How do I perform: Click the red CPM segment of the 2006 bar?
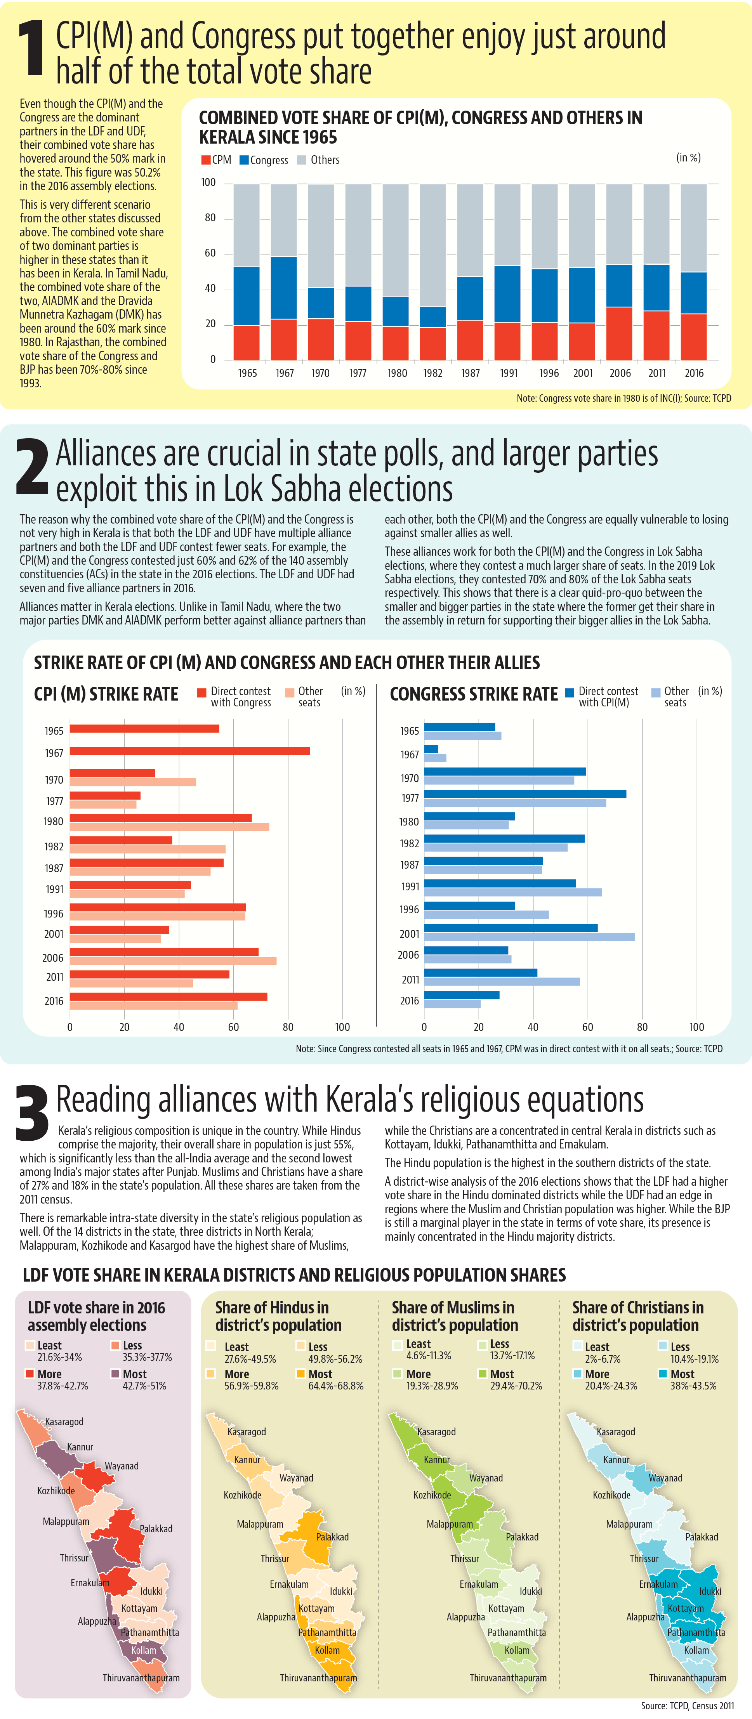click(x=619, y=334)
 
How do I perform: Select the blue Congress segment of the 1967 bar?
click(x=283, y=288)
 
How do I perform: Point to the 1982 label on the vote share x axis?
click(x=433, y=373)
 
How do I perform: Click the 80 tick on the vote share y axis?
click(x=210, y=218)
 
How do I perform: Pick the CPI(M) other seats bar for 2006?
click(x=174, y=961)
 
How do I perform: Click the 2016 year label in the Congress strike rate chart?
click(x=410, y=1001)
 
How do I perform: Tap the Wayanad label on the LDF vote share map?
click(x=122, y=1466)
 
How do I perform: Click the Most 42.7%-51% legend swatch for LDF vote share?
click(x=115, y=1373)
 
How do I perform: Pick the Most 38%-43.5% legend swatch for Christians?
click(x=663, y=1373)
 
